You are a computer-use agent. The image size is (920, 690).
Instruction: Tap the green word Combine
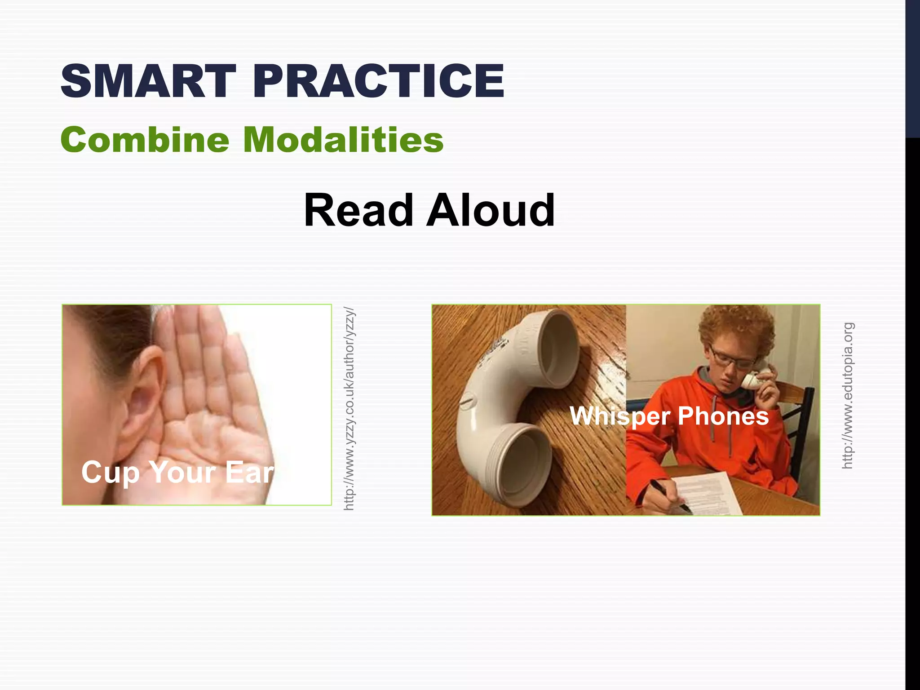pyautogui.click(x=145, y=140)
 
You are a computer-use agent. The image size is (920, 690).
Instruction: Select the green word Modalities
pyautogui.click(x=343, y=140)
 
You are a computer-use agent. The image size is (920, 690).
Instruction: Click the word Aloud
pyautogui.click(x=491, y=210)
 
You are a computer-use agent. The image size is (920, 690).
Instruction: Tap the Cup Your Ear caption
pyautogui.click(x=177, y=473)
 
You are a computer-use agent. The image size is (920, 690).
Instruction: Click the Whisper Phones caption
pyautogui.click(x=669, y=416)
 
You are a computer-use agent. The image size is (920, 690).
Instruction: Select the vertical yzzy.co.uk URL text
pyautogui.click(x=349, y=409)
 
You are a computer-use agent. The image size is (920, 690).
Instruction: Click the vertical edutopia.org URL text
pyautogui.click(x=847, y=395)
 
